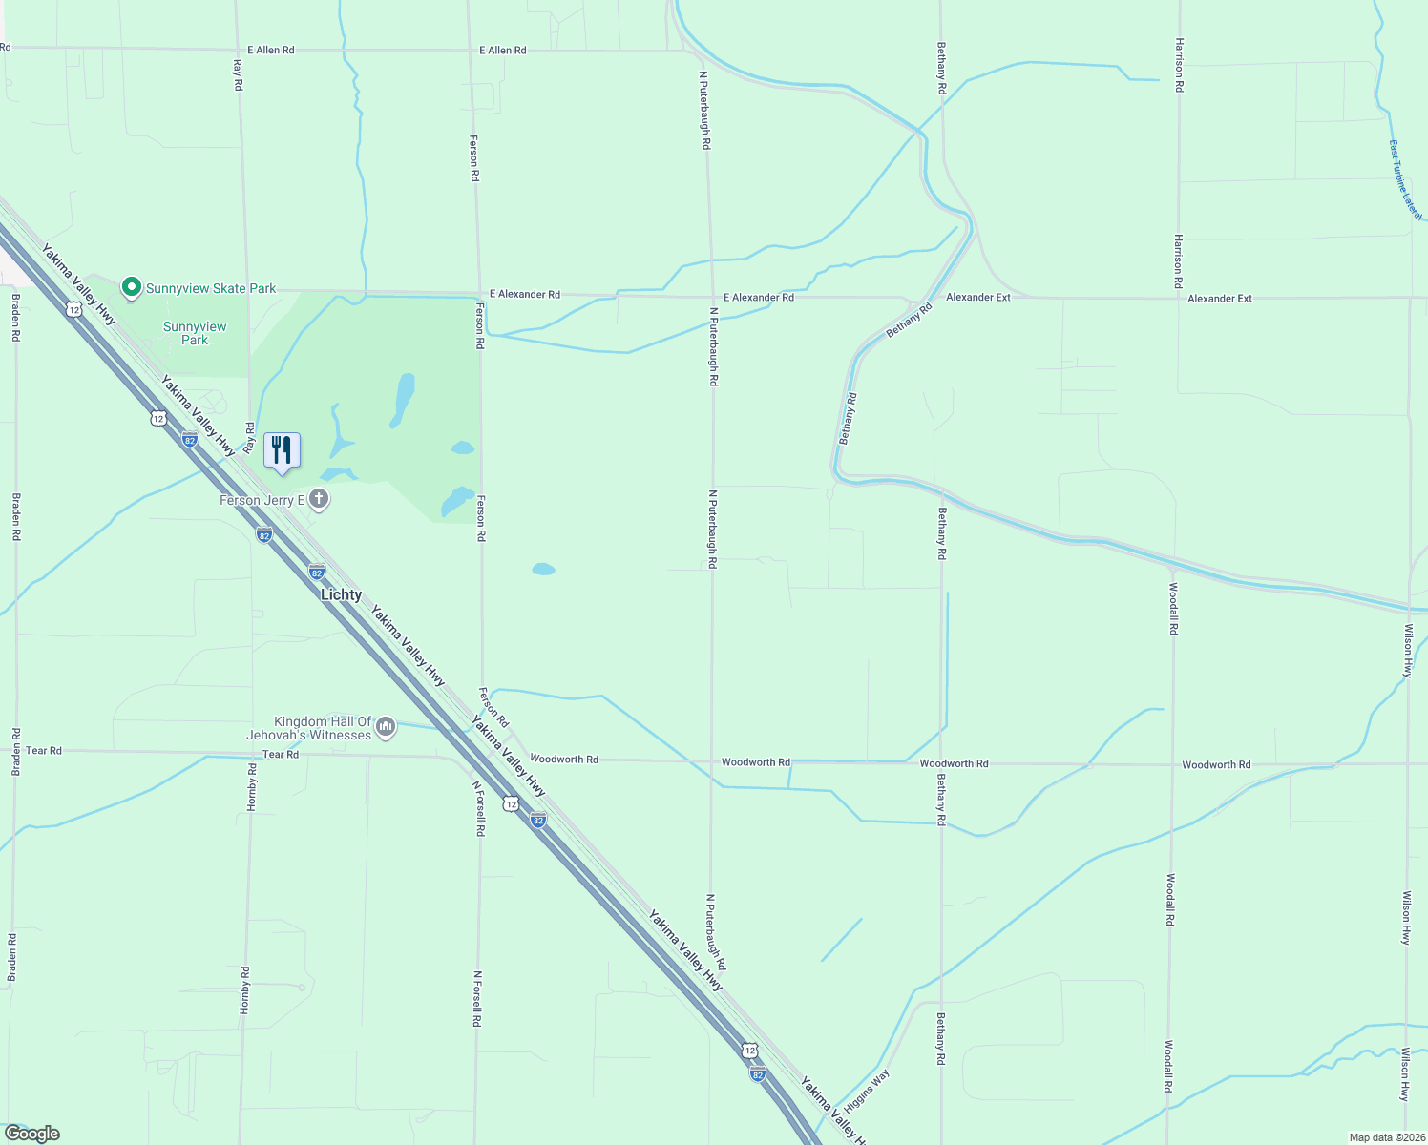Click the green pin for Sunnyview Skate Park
coord(131,286)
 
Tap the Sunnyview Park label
coord(195,333)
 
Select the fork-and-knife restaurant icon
coord(282,450)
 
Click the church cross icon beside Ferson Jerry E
coord(319,499)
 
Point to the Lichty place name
coord(341,594)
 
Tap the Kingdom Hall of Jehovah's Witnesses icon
coord(386,728)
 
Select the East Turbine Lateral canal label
coord(1405,180)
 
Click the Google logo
coord(31,1134)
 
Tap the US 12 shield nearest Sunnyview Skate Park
coord(73,308)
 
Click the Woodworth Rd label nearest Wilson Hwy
coord(1215,764)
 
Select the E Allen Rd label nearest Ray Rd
coord(270,50)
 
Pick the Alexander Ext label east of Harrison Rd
coord(1219,299)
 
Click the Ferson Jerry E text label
coord(262,500)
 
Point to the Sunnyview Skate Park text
coord(210,288)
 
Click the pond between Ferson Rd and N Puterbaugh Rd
coord(543,569)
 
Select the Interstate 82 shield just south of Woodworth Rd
coord(538,820)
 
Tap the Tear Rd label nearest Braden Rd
coord(43,751)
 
